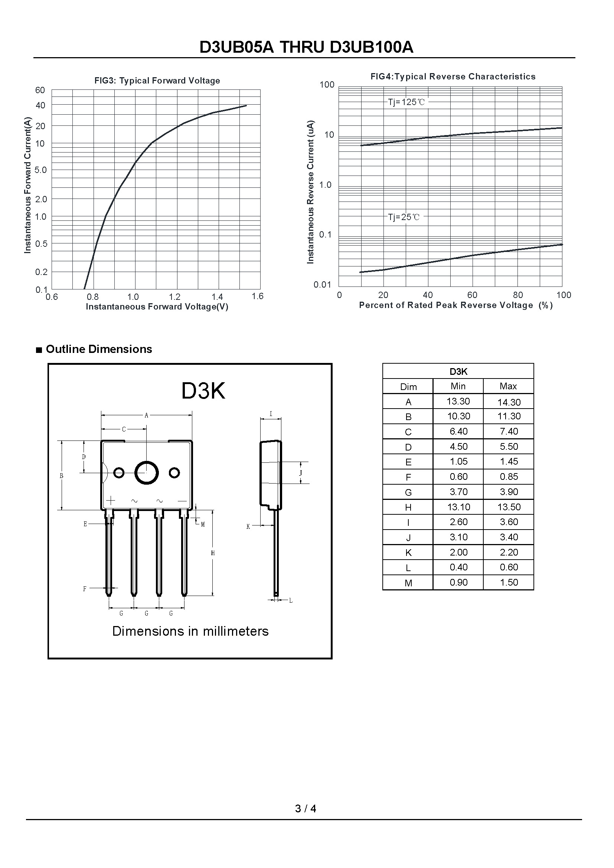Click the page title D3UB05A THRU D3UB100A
(306, 47)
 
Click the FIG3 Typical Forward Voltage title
(157, 81)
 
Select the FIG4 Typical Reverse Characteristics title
(453, 76)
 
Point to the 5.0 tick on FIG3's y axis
(41, 170)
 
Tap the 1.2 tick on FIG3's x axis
(175, 297)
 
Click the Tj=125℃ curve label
(406, 102)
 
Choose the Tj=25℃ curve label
(404, 217)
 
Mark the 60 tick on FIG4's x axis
(472, 295)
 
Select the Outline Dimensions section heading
(99, 349)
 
